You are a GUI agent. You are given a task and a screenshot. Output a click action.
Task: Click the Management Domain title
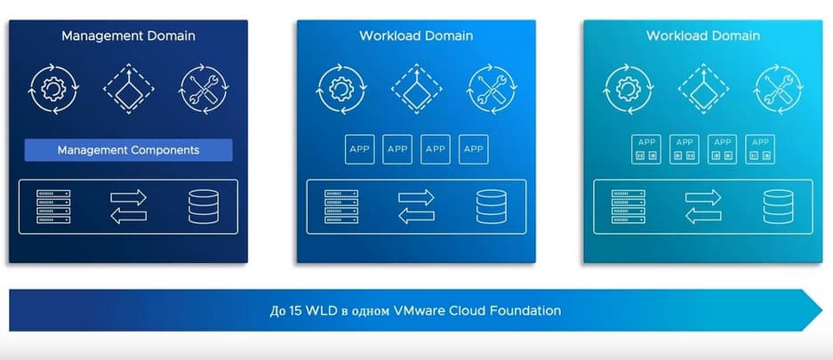128,36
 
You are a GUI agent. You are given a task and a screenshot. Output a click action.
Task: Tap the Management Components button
128,150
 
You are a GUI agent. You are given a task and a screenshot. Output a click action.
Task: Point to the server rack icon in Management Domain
54,206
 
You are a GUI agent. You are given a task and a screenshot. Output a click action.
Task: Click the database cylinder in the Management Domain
203,206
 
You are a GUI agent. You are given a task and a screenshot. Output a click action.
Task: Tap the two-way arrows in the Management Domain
128,206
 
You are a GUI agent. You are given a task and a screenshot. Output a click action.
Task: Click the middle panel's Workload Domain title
416,36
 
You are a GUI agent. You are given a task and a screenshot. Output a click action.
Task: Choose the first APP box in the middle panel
358,149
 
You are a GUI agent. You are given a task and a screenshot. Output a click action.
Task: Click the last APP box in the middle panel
474,149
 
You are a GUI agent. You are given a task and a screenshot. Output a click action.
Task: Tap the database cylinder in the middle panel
491,206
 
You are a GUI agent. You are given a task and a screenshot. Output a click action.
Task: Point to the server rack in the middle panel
341,206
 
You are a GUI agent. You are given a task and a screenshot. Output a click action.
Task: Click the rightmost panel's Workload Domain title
703,36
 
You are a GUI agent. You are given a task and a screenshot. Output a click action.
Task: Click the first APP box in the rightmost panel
646,149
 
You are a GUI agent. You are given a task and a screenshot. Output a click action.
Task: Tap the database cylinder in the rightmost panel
778,206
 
